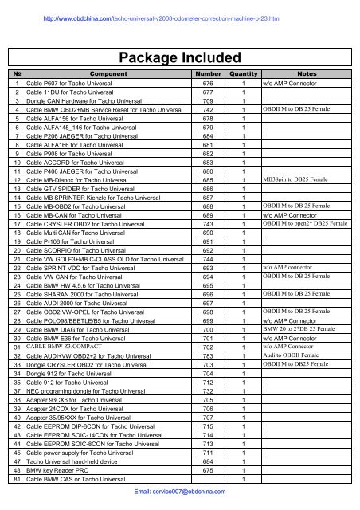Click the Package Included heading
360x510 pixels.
[x=179, y=58]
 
